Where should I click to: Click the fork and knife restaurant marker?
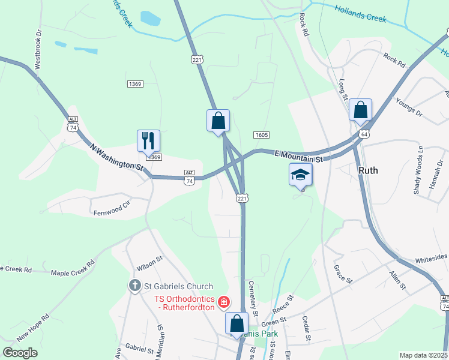coord(148,141)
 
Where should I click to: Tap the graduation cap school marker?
coord(301,175)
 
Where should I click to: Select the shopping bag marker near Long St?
coord(360,110)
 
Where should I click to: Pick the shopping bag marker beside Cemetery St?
coord(237,323)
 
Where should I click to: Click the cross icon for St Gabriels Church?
coord(136,286)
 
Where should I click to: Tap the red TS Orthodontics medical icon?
coord(224,301)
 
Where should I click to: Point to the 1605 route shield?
coord(261,135)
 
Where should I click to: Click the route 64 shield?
coord(364,134)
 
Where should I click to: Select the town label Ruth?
coord(368,170)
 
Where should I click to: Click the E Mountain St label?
coord(299,156)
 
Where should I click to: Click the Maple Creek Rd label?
coord(73,268)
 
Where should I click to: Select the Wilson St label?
coord(149,260)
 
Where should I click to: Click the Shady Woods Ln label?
coord(420,169)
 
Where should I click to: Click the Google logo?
coord(20,353)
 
